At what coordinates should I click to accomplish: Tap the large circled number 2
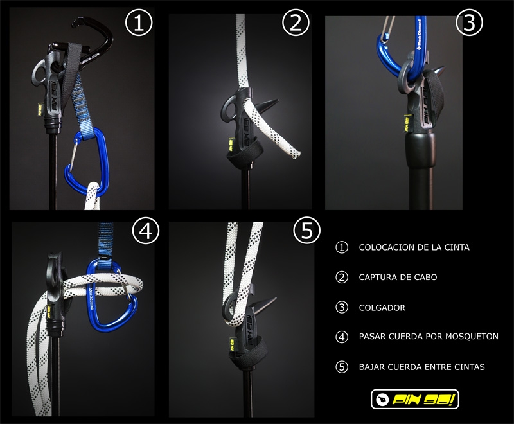[x=296, y=22]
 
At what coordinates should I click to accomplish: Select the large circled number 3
[x=470, y=22]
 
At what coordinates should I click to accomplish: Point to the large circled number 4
[x=146, y=231]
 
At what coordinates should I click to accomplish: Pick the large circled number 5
[x=306, y=231]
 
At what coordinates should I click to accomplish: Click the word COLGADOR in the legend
[x=382, y=308]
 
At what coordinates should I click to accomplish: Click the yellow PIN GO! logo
[x=414, y=399]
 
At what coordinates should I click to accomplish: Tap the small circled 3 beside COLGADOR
[x=342, y=307]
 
